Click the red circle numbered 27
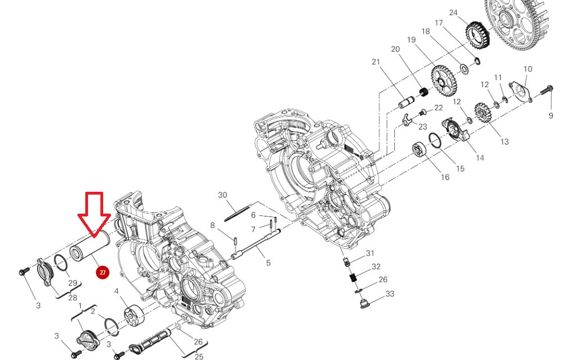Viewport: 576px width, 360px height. pyautogui.click(x=103, y=273)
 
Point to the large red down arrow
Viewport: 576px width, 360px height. pyautogui.click(x=94, y=215)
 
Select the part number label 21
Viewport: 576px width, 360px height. pyautogui.click(x=375, y=62)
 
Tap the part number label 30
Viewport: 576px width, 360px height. pyautogui.click(x=223, y=195)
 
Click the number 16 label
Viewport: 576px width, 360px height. pyautogui.click(x=445, y=177)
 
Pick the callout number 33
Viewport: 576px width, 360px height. pyautogui.click(x=390, y=294)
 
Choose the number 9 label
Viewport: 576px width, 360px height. pyautogui.click(x=551, y=116)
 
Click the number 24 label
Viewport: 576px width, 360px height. pyautogui.click(x=453, y=13)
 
